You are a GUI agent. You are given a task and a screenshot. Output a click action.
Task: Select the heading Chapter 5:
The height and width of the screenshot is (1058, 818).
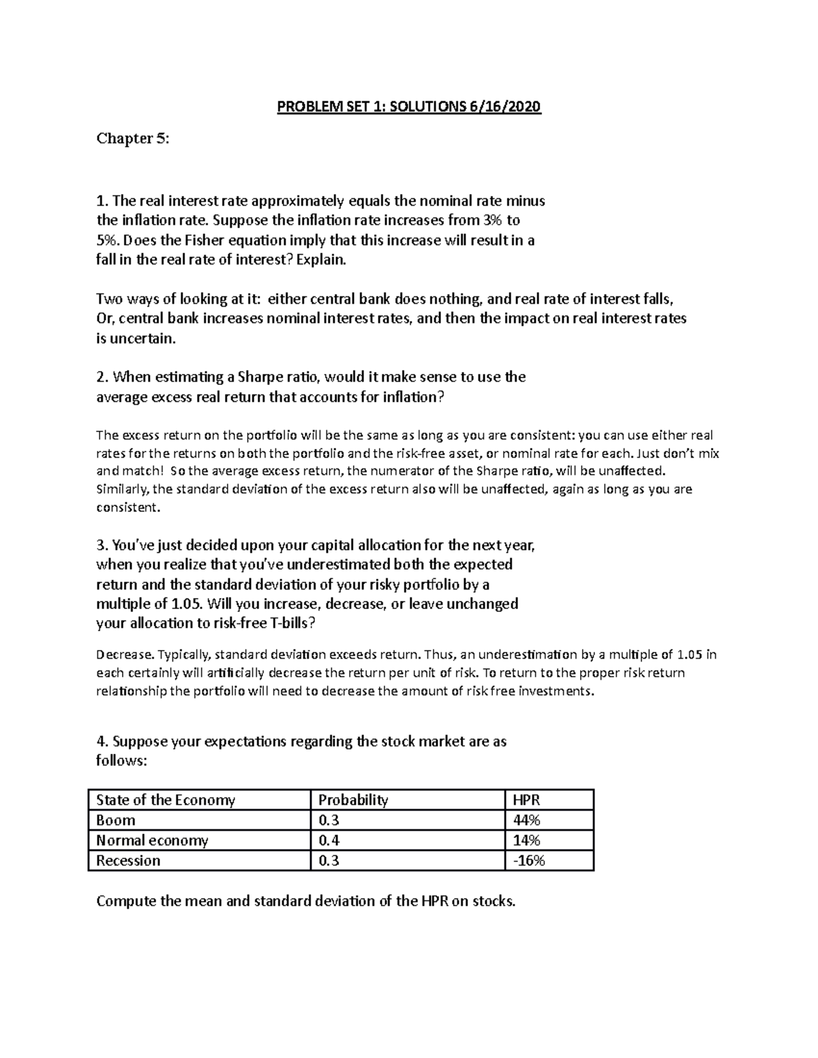click(x=132, y=139)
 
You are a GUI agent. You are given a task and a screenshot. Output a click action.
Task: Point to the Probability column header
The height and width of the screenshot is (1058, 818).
click(x=353, y=800)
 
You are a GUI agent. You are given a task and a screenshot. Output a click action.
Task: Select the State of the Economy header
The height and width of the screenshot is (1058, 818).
click(x=166, y=800)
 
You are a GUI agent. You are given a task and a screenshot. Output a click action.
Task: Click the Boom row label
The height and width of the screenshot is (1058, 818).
click(x=116, y=820)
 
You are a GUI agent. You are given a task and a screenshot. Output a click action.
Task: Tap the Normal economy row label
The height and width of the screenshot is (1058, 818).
click(x=152, y=840)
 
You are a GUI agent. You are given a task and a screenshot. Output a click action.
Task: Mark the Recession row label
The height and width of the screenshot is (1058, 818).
click(x=128, y=860)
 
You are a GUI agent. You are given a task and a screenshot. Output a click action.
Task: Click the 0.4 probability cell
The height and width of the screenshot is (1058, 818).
click(x=329, y=840)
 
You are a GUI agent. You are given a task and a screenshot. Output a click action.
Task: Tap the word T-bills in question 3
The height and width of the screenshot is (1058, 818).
click(x=286, y=623)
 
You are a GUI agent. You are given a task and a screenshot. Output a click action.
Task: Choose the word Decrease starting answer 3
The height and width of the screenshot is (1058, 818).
click(x=125, y=655)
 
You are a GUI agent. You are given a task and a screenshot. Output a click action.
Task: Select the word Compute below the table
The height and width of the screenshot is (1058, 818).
click(x=126, y=901)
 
